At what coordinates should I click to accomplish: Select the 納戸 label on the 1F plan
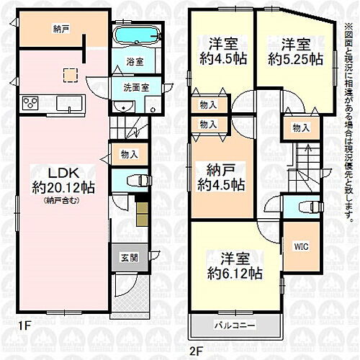pos(61,30)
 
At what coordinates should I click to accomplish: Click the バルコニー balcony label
pos(235,326)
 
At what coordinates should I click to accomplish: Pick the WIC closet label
pos(300,246)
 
